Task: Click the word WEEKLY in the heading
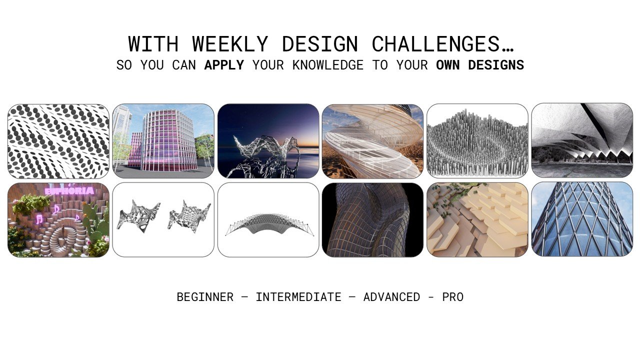(230, 44)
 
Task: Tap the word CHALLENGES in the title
(442, 44)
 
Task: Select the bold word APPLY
(224, 65)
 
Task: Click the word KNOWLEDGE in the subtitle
(327, 65)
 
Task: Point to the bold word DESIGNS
(496, 65)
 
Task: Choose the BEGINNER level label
(205, 297)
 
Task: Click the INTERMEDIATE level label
(298, 297)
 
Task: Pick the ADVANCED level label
(391, 297)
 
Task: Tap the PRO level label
(453, 297)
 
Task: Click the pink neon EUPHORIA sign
(69, 190)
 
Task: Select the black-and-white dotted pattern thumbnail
(58, 141)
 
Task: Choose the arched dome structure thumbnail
(268, 220)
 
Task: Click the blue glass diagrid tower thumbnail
(582, 219)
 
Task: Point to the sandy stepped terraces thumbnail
(477, 219)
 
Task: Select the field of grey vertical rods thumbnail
(477, 141)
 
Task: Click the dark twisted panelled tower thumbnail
(372, 220)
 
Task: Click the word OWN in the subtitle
(447, 65)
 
